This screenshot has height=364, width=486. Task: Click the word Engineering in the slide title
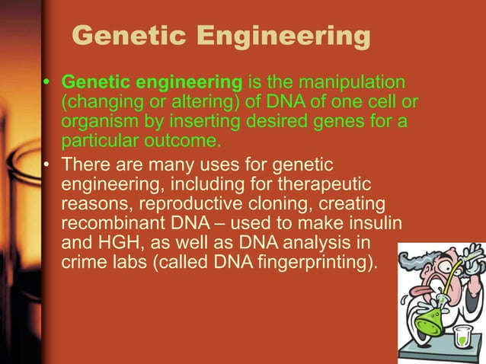[x=283, y=36]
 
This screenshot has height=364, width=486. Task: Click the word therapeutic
[x=330, y=186]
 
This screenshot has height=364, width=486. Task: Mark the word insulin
[x=380, y=227]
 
